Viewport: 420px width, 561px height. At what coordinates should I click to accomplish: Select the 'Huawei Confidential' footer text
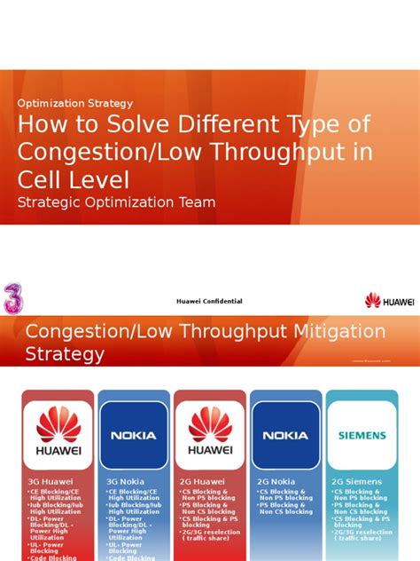coord(209,302)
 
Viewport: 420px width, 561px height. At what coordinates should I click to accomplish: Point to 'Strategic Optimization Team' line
coord(116,202)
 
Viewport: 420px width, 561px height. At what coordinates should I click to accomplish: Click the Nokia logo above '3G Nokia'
coord(133,435)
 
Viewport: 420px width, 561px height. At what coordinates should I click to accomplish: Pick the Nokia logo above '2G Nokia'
coord(286,435)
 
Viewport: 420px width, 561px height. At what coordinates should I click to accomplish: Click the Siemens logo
coord(362,435)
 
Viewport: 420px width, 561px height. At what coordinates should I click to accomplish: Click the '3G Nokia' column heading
coord(125,482)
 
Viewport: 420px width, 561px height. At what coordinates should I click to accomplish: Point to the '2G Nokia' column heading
coord(276,482)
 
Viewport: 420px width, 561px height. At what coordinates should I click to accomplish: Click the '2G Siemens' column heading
coord(356,482)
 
